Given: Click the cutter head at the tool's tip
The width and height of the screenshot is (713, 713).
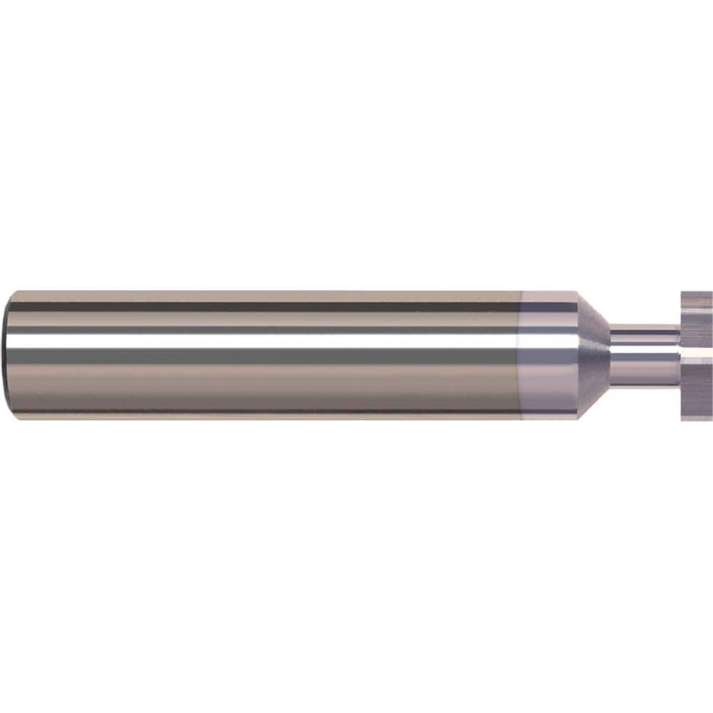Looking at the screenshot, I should click(696, 355).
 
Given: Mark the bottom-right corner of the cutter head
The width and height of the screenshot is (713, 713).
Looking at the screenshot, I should click(711, 420).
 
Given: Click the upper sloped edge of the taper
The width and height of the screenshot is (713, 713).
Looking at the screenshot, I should click(593, 308).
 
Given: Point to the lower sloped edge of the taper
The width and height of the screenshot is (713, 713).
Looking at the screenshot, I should click(593, 401).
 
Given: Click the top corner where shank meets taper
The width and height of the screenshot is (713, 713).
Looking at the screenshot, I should click(576, 292).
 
